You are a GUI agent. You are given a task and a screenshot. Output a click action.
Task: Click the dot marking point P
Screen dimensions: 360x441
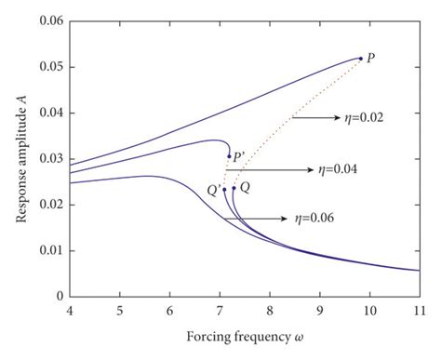361,59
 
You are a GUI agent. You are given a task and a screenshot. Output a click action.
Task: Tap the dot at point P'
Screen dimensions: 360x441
229,156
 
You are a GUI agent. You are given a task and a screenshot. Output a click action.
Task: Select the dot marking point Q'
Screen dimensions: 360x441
224,189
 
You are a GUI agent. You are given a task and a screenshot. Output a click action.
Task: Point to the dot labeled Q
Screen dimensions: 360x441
234,188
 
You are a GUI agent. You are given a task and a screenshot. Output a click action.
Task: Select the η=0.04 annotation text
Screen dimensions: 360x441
338,170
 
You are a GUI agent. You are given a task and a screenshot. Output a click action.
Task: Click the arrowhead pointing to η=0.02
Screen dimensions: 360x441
330,118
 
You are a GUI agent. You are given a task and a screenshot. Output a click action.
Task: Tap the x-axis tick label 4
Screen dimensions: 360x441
69,311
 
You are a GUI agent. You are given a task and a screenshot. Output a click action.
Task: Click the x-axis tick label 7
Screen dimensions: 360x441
220,311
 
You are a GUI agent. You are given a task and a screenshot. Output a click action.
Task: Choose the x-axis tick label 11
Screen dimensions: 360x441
419,311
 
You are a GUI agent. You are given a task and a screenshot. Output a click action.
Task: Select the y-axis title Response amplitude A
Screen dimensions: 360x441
16,158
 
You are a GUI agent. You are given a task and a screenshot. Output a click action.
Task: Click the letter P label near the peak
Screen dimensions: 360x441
372,58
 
